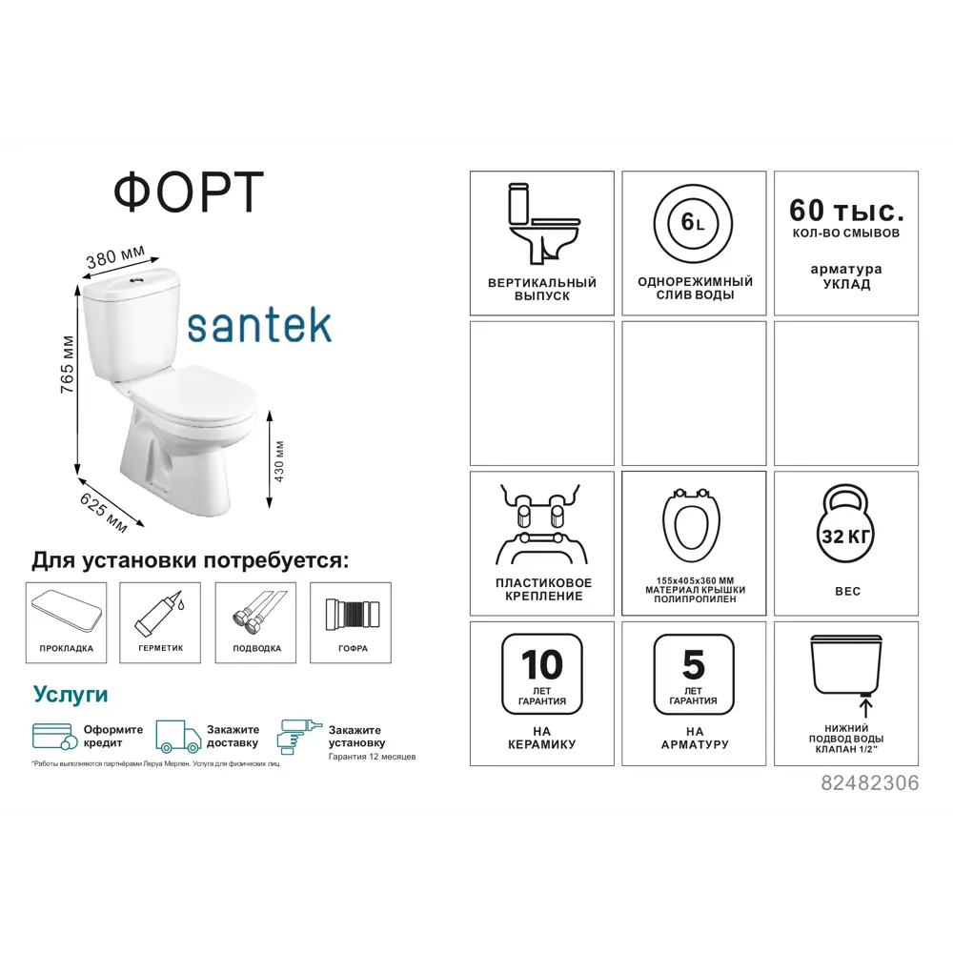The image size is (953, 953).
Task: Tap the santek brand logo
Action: [259, 324]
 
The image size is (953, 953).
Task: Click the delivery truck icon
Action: [178, 737]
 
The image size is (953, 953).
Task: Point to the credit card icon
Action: [55, 737]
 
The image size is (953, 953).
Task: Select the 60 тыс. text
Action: [846, 209]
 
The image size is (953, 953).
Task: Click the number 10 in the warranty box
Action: [541, 664]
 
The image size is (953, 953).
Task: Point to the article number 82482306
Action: [869, 783]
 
